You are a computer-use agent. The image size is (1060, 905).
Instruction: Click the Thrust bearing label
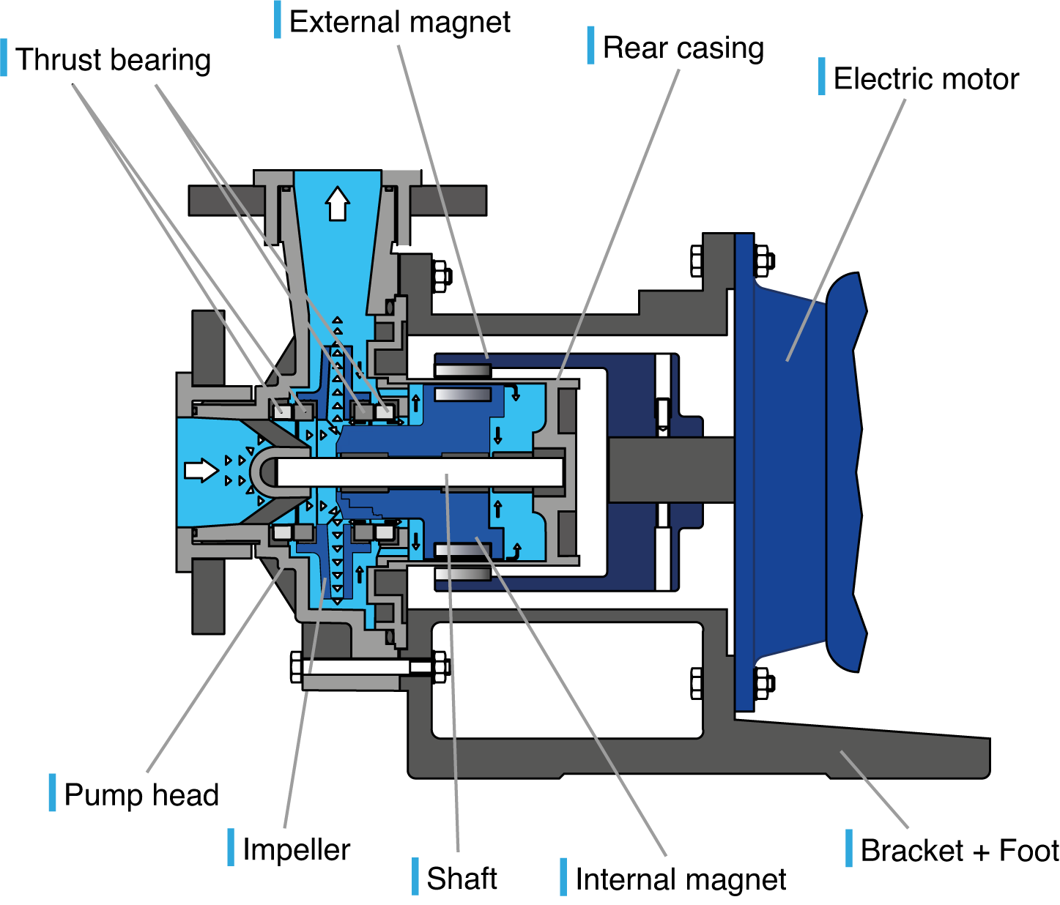point(113,60)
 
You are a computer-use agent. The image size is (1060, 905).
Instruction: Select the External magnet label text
point(399,22)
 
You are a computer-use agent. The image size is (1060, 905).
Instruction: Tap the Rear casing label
point(683,48)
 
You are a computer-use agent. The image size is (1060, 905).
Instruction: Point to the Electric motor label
point(925,79)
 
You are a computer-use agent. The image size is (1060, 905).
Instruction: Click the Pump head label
point(141,795)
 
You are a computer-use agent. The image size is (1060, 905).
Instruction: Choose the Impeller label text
point(296,850)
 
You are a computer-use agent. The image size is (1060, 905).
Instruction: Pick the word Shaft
point(462,879)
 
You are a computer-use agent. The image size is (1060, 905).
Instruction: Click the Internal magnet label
point(681,879)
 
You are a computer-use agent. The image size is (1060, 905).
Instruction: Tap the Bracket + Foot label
point(959,851)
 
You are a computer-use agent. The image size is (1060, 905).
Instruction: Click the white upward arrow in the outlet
point(337,204)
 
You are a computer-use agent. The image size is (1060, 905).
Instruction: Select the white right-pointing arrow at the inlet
point(200,469)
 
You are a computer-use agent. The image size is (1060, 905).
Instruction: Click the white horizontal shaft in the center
point(418,472)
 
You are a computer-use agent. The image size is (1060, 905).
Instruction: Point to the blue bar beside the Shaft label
point(415,876)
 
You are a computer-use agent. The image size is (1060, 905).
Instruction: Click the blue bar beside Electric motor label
point(822,76)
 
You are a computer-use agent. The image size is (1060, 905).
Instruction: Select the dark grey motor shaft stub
point(670,469)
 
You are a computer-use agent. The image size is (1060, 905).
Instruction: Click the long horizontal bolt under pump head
point(359,667)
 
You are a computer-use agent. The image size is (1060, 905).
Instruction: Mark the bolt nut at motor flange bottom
point(763,683)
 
